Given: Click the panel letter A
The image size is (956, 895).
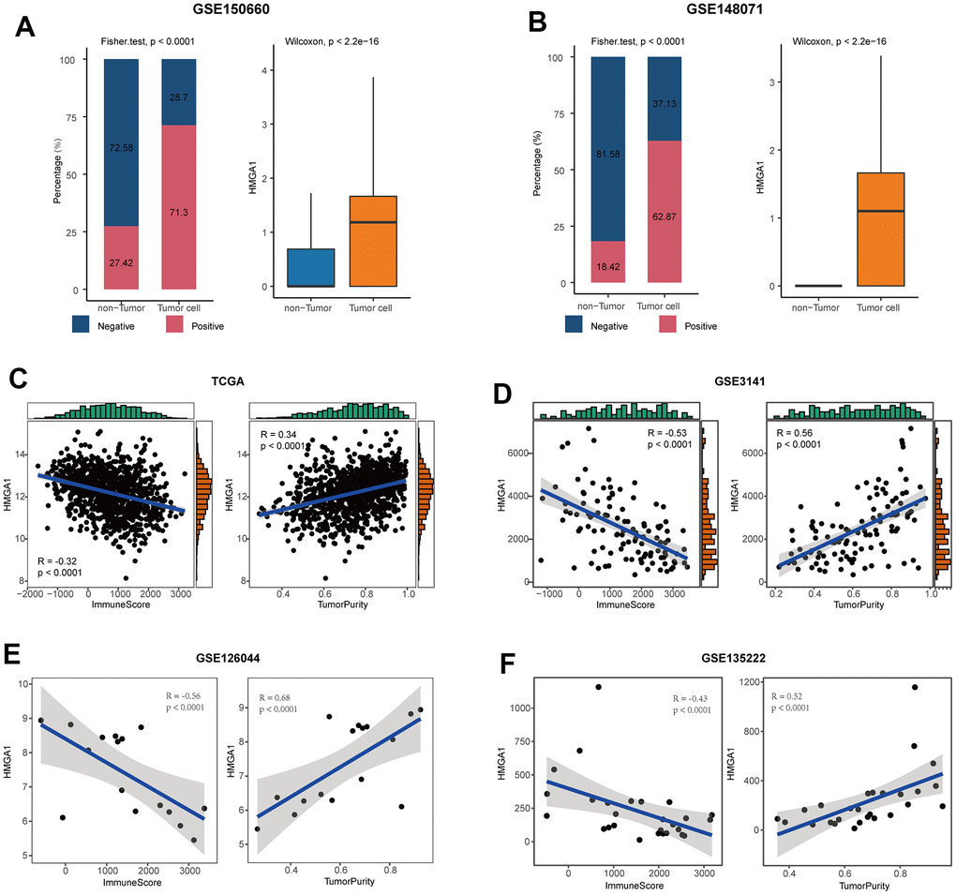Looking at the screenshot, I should [26, 25].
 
